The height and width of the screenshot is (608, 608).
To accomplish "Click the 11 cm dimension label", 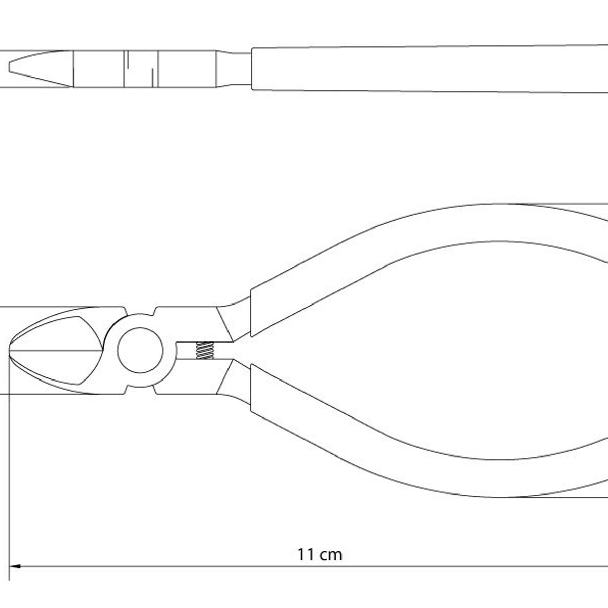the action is pyautogui.click(x=320, y=554).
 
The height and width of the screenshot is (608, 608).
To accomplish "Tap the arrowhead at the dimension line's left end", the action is pyautogui.click(x=15, y=566).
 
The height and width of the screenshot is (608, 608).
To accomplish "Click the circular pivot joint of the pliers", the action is pyautogui.click(x=140, y=350).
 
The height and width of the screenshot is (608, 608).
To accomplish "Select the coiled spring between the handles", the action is pyautogui.click(x=205, y=350).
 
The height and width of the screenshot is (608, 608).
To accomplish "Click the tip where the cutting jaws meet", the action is pyautogui.click(x=10, y=350).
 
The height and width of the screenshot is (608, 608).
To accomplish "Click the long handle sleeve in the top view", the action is pyautogui.click(x=430, y=69).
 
